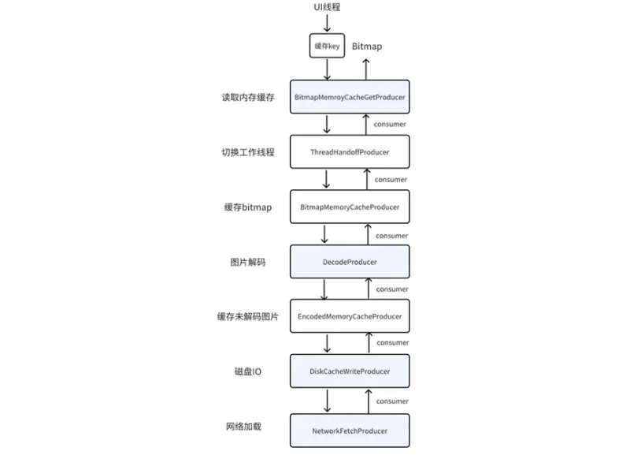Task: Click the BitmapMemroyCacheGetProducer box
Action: pyautogui.click(x=350, y=97)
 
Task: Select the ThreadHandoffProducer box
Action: pyautogui.click(x=350, y=152)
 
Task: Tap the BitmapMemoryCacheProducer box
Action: pyautogui.click(x=350, y=207)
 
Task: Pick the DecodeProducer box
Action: pyautogui.click(x=350, y=262)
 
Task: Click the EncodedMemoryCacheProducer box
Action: pyautogui.click(x=350, y=316)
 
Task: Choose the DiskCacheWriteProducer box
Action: pyautogui.click(x=350, y=371)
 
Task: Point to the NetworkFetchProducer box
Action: pyautogui.click(x=350, y=431)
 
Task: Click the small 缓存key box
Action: pyautogui.click(x=327, y=46)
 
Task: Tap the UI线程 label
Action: pyautogui.click(x=327, y=7)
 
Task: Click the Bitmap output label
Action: pyautogui.click(x=367, y=47)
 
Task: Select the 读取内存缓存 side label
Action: pyautogui.click(x=248, y=97)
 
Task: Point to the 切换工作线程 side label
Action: pyautogui.click(x=248, y=152)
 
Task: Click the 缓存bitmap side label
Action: pyautogui.click(x=248, y=207)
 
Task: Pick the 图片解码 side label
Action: pyautogui.click(x=248, y=263)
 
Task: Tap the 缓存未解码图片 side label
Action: pyautogui.click(x=248, y=317)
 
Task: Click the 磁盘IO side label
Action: pyautogui.click(x=248, y=371)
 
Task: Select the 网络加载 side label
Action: pyautogui.click(x=243, y=427)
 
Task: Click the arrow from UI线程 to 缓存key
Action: pyautogui.click(x=327, y=24)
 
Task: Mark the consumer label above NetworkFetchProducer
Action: pyautogui.click(x=392, y=401)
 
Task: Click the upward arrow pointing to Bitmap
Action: pyautogui.click(x=366, y=69)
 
